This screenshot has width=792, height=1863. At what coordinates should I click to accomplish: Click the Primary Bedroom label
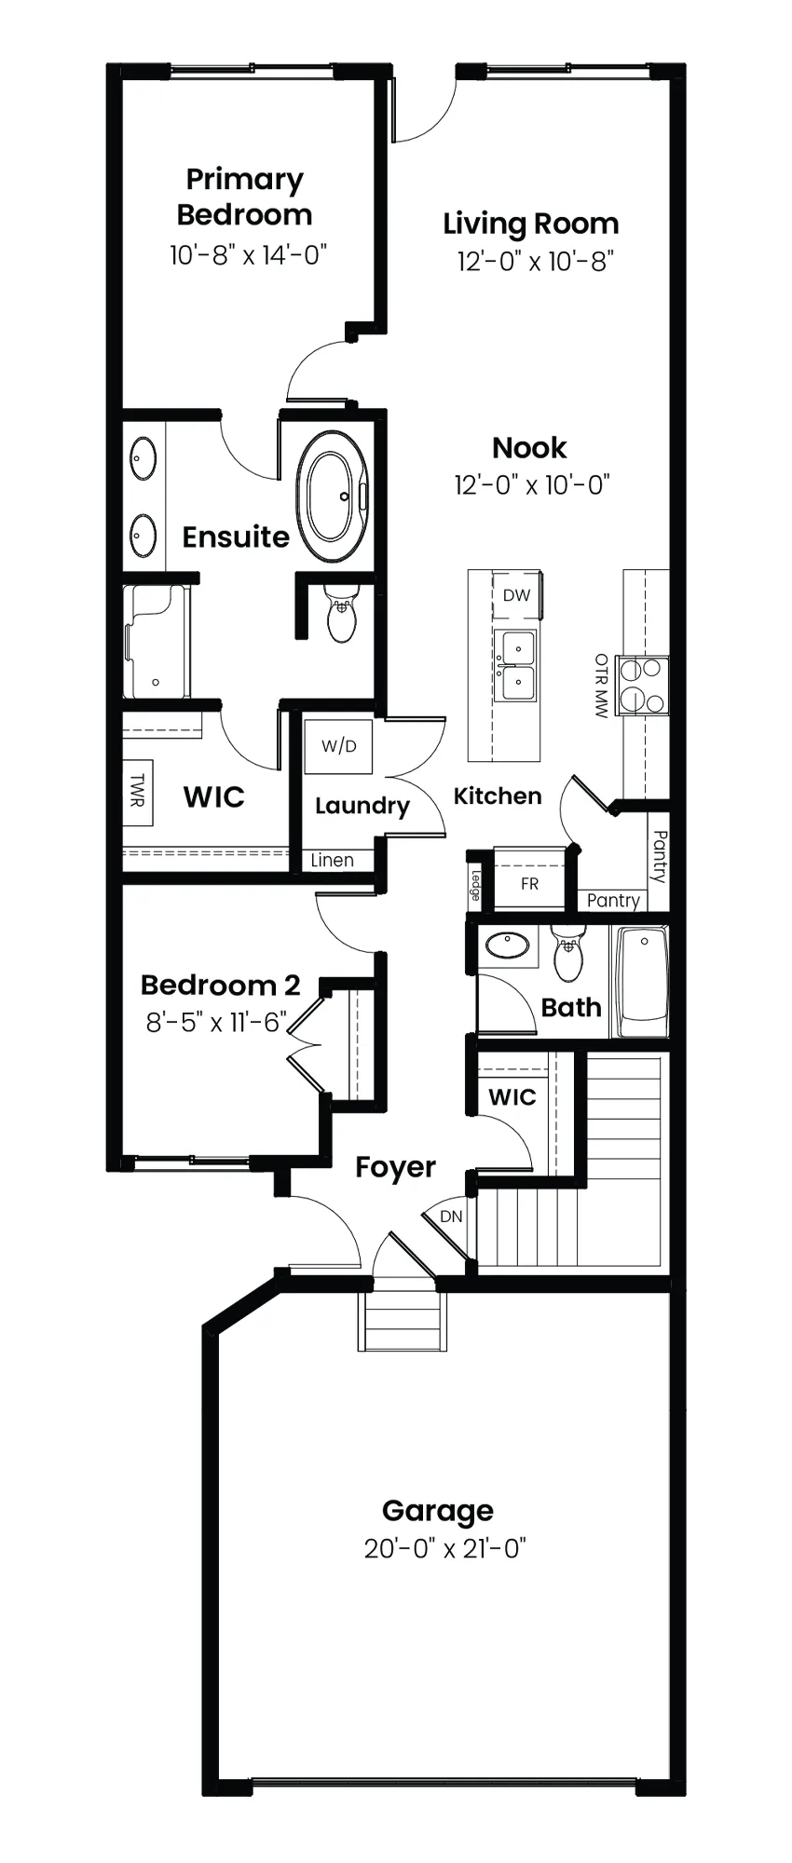tap(244, 197)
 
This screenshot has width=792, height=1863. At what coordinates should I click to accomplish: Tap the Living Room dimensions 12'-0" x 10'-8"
tap(535, 261)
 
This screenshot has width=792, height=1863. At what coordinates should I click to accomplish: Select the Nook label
tap(529, 448)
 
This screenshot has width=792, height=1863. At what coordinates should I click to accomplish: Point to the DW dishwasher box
tap(516, 595)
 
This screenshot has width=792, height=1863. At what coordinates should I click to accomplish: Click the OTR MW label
tap(601, 685)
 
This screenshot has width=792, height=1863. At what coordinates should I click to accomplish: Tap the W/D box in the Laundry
tap(339, 745)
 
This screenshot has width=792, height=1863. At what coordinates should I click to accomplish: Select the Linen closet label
tap(333, 861)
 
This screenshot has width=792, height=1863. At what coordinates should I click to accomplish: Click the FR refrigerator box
tap(529, 883)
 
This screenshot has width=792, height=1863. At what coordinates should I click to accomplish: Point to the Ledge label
tap(476, 885)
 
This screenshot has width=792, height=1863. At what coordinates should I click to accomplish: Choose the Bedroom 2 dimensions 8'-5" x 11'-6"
tap(216, 1022)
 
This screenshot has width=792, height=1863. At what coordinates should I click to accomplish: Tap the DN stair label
tap(451, 1217)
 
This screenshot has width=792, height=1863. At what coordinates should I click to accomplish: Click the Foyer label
tap(396, 1168)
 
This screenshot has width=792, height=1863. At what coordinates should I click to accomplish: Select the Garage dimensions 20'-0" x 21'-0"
tap(445, 1549)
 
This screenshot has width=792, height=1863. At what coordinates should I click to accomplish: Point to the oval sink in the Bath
tap(507, 945)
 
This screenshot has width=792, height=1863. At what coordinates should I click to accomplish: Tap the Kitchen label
tap(498, 796)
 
